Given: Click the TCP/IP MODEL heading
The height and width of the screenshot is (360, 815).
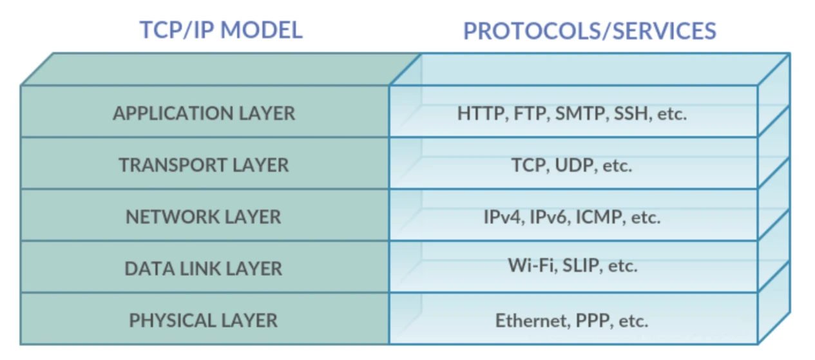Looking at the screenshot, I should click(x=221, y=30).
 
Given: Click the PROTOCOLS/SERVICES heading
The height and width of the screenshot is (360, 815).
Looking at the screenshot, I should click(x=590, y=31).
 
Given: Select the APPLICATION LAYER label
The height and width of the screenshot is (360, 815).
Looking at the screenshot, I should click(x=204, y=113).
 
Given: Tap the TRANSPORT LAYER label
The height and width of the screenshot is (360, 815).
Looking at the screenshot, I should click(x=204, y=165).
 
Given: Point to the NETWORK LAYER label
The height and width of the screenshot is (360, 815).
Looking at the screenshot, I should click(x=204, y=217).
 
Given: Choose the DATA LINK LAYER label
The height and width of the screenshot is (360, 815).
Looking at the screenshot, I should click(x=204, y=269).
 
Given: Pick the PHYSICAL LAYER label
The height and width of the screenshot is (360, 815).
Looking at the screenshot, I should click(x=204, y=320).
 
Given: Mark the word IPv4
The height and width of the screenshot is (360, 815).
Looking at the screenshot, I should click(x=504, y=218).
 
